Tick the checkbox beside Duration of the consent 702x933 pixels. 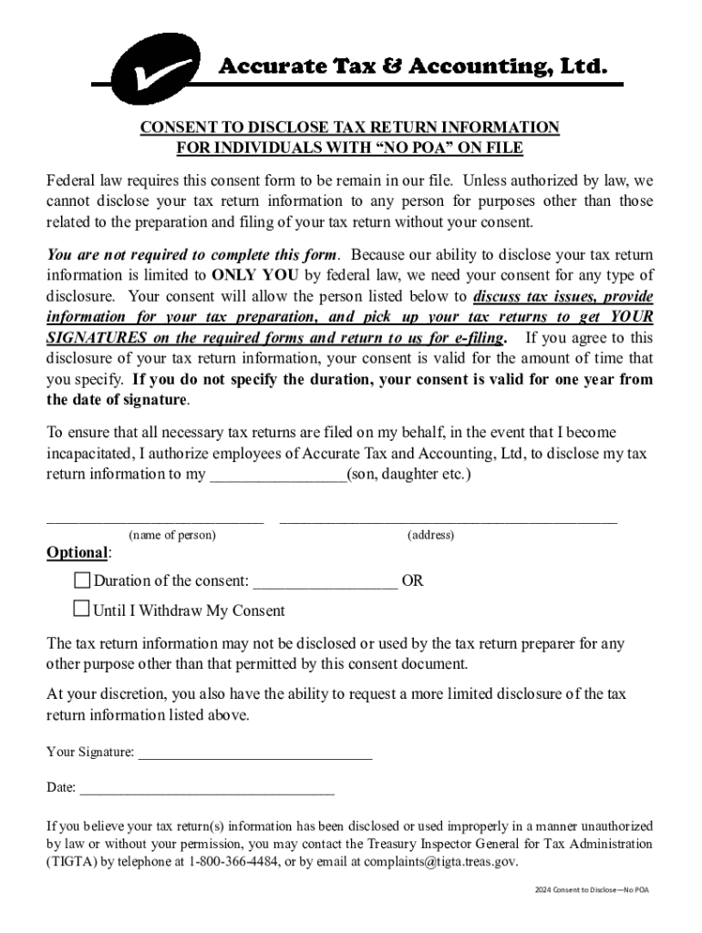[82, 580]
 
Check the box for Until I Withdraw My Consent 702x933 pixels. [82, 610]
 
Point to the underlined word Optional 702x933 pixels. [77, 553]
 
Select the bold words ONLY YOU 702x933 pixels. [249, 275]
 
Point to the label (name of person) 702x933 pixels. [172, 535]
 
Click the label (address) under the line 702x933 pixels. [430, 535]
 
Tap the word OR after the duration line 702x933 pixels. [412, 580]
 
